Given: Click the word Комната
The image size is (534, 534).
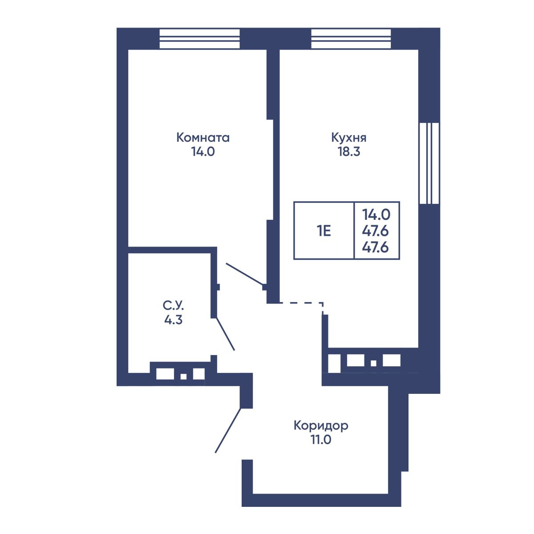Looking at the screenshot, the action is click(x=203, y=138).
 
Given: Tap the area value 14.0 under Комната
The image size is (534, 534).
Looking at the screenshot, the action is click(x=203, y=152).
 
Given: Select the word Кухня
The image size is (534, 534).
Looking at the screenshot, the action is click(x=348, y=138).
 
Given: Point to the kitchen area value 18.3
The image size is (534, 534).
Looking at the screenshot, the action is click(x=348, y=152).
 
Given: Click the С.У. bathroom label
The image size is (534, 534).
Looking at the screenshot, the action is click(x=173, y=306).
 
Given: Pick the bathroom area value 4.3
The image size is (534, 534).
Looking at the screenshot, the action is click(x=173, y=320).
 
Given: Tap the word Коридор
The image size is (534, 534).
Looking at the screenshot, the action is click(x=321, y=425).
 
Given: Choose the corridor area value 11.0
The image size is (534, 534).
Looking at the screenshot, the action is click(x=321, y=440).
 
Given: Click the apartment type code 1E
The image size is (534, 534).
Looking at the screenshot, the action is click(x=324, y=231).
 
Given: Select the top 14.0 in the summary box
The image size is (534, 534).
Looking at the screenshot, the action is click(x=376, y=214).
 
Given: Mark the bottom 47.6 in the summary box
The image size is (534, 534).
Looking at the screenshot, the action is click(x=376, y=247).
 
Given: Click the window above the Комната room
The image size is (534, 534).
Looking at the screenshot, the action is click(x=199, y=39).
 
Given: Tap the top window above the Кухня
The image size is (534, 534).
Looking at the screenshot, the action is click(x=351, y=39).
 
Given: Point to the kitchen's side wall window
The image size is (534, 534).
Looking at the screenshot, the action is click(x=429, y=163).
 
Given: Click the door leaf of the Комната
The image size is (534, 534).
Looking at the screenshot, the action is click(x=244, y=274).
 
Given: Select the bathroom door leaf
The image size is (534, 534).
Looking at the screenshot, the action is click(x=225, y=334).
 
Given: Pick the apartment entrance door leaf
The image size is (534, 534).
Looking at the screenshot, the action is click(x=228, y=434).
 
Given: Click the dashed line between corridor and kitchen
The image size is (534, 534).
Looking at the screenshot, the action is click(x=301, y=305).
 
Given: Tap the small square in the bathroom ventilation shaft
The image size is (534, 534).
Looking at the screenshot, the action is click(x=183, y=376).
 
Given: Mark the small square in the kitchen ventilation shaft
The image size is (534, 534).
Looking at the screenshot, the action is click(x=373, y=363).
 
